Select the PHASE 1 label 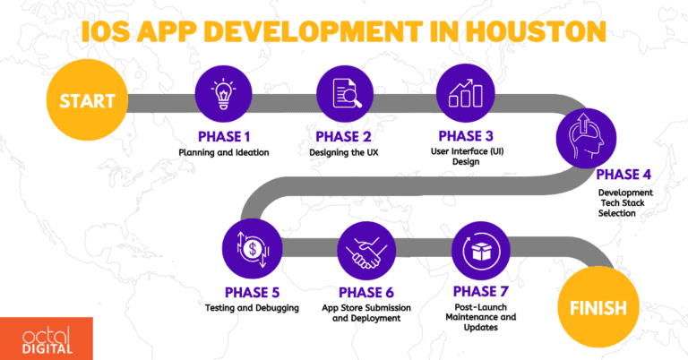click(x=222, y=137)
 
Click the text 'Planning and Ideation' click(x=222, y=152)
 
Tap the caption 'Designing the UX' click(x=344, y=152)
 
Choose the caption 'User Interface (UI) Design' click(x=464, y=158)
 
